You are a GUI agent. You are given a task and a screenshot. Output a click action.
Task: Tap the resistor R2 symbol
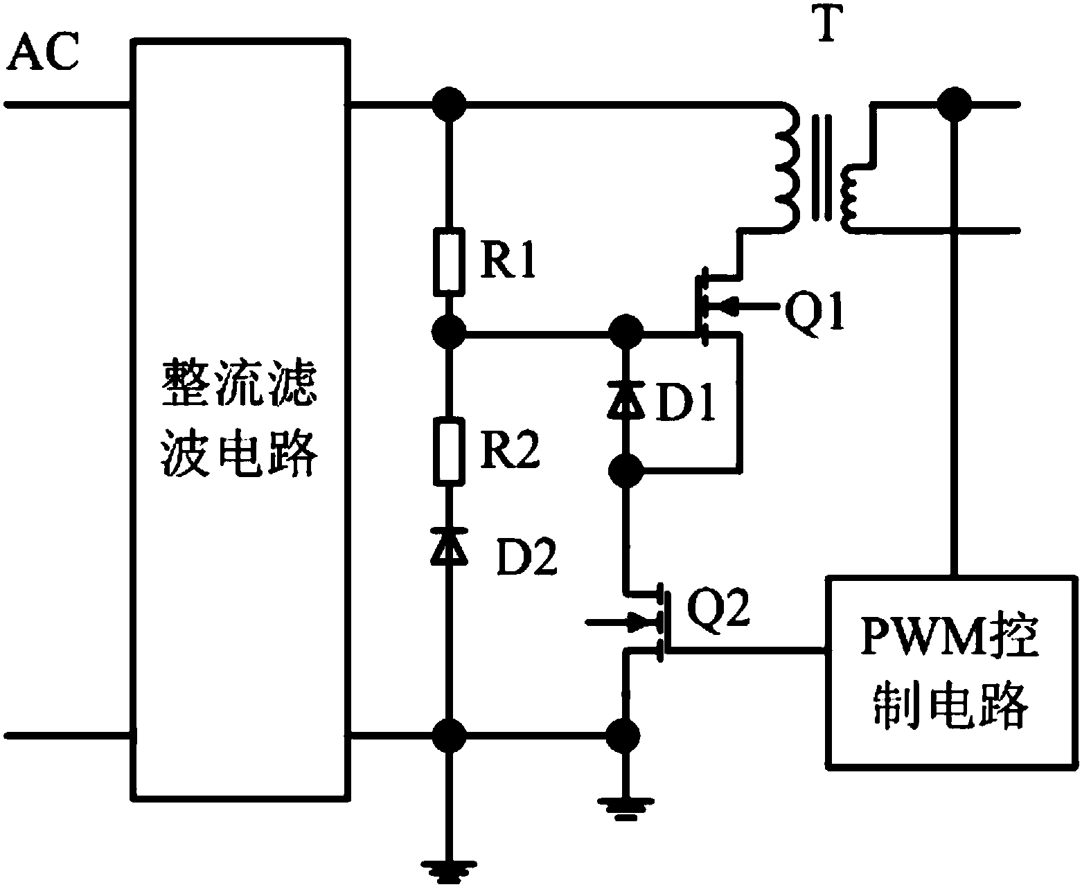(449, 450)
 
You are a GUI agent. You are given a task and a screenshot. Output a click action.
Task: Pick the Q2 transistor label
(718, 609)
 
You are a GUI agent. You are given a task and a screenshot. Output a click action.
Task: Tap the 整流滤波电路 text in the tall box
(239, 419)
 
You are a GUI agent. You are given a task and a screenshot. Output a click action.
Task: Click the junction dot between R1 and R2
(449, 334)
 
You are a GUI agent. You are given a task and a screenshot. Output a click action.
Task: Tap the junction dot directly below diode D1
(628, 472)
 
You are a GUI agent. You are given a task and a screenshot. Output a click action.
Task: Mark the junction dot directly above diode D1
(628, 334)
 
